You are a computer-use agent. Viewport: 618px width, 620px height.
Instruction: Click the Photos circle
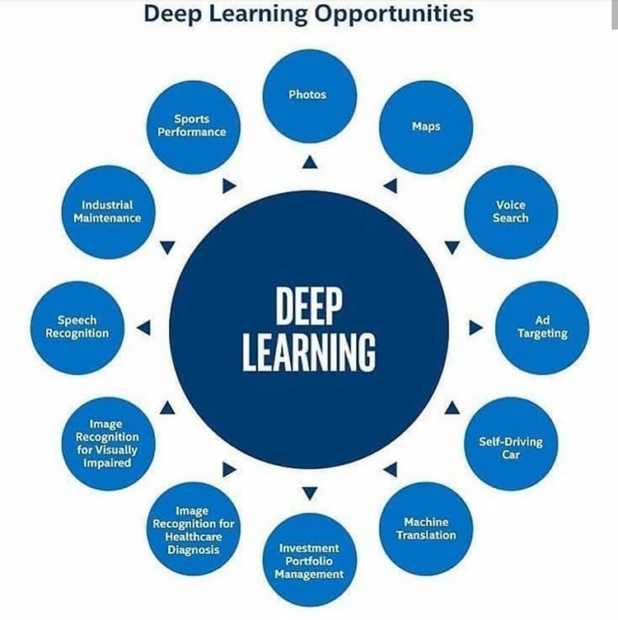[x=309, y=96]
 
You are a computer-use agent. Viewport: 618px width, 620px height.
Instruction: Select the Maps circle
[x=426, y=127]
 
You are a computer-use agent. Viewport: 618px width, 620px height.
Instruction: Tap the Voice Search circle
[x=511, y=212]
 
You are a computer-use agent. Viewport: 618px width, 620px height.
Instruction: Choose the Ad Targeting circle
[x=542, y=327]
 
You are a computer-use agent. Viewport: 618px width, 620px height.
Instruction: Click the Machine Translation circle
[x=426, y=528]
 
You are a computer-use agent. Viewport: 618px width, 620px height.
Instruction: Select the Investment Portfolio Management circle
[x=309, y=560]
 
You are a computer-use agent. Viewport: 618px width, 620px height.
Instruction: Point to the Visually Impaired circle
[x=107, y=444]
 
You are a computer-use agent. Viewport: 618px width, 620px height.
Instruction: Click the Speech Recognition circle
[x=77, y=327]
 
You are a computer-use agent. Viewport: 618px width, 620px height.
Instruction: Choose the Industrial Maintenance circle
[x=107, y=212]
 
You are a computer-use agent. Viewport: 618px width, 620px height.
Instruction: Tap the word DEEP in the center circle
[x=309, y=307]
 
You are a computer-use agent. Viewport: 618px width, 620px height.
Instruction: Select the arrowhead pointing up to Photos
[x=309, y=162]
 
